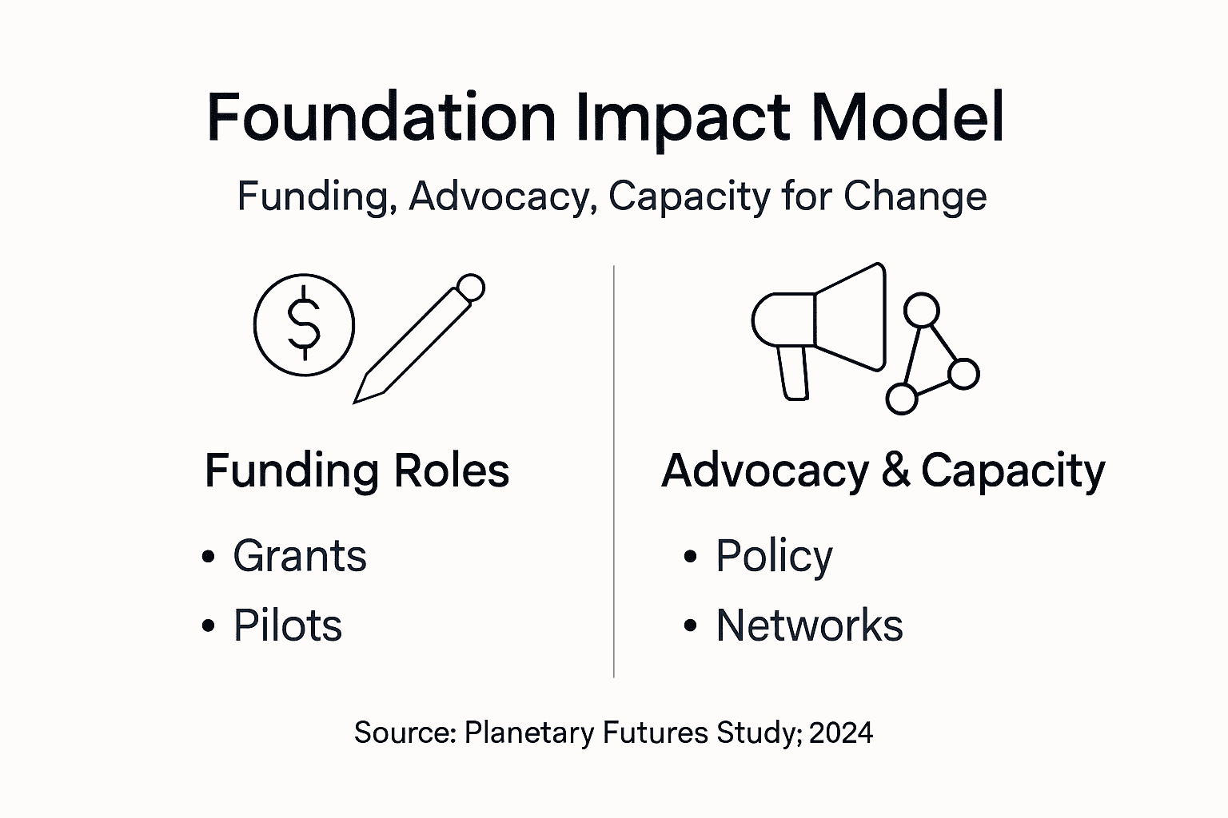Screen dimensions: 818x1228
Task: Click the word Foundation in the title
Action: click(x=381, y=117)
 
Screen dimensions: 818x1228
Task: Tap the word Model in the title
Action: click(x=907, y=117)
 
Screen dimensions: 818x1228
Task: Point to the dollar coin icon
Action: click(x=304, y=325)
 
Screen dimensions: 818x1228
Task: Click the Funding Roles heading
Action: click(x=357, y=471)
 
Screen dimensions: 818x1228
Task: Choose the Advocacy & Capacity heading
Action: click(x=883, y=471)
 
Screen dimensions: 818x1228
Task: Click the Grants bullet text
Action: click(x=299, y=556)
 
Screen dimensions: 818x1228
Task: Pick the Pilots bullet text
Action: click(x=287, y=625)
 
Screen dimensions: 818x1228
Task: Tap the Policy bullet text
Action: click(x=773, y=557)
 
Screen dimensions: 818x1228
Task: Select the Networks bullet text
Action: click(x=809, y=625)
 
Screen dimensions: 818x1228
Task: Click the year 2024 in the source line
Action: click(x=840, y=733)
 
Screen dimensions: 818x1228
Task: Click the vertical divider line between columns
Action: click(x=613, y=471)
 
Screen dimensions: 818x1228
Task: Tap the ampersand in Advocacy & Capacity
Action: click(x=895, y=471)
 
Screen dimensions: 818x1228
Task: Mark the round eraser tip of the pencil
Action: click(x=470, y=288)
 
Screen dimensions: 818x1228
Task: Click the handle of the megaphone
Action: click(x=794, y=372)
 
